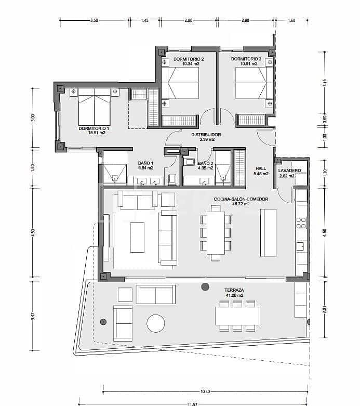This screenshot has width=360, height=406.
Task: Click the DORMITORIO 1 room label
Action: click(x=94, y=128)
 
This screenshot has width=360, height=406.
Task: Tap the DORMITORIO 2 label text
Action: click(x=188, y=59)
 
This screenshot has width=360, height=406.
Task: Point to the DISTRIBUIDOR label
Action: click(x=206, y=135)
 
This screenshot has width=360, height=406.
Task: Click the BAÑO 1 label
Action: click(x=145, y=163)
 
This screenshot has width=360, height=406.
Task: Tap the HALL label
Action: click(x=261, y=168)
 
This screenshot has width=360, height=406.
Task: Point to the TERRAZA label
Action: click(x=235, y=290)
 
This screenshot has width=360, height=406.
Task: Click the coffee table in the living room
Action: click(x=137, y=237)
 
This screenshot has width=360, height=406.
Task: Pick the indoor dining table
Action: click(x=215, y=232)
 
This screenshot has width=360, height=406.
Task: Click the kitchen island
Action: click(x=268, y=232)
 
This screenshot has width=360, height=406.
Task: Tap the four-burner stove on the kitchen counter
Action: click(x=301, y=222)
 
